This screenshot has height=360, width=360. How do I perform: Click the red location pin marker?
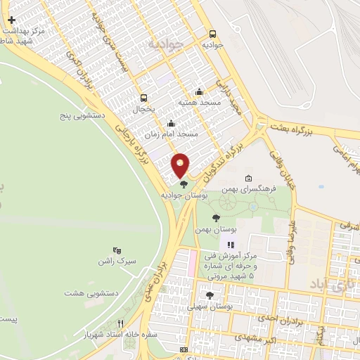181,165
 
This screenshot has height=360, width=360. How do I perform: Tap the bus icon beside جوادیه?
212,33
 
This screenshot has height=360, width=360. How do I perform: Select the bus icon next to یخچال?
144,98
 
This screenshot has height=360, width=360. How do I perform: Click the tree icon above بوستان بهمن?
216,218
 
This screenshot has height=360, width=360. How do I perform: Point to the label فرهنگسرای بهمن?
247,189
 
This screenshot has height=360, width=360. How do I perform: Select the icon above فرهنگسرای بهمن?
247,177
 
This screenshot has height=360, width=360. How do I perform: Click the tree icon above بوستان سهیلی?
210,295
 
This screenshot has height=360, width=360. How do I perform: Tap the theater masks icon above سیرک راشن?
117,250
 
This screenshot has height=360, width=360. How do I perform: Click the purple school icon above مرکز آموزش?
230,245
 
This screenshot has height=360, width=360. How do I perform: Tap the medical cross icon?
11,20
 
